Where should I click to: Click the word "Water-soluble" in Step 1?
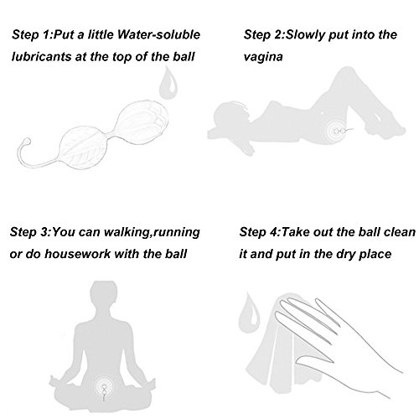(x=158, y=34)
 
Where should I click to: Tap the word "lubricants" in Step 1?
(x=42, y=57)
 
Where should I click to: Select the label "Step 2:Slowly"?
(x=285, y=35)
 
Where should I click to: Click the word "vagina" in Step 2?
(x=263, y=57)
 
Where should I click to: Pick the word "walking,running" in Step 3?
(x=152, y=232)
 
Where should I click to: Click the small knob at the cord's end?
(x=27, y=142)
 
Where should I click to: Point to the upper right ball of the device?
(x=142, y=122)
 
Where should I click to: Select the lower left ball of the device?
(x=83, y=147)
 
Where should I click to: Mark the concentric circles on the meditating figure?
(x=104, y=387)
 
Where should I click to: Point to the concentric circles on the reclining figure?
(x=336, y=131)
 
